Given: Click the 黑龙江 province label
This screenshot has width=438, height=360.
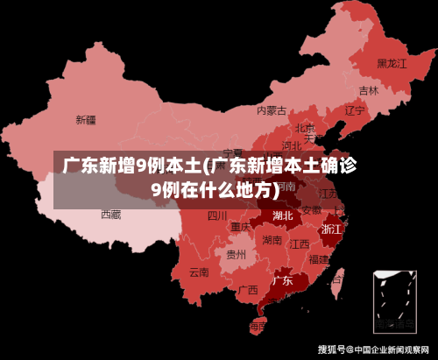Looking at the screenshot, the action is pyautogui.click(x=392, y=63).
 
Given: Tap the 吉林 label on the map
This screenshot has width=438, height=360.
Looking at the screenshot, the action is pyautogui.click(x=369, y=90).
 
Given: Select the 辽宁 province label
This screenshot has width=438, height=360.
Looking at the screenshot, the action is pyautogui.click(x=354, y=110).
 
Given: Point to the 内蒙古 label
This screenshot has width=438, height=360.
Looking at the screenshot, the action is pyautogui.click(x=272, y=110).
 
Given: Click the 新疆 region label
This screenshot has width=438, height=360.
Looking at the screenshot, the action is pyautogui.click(x=86, y=119).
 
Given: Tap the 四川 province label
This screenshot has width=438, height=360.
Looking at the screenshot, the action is pyautogui.click(x=217, y=215).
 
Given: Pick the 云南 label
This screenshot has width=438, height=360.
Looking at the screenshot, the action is pyautogui.click(x=199, y=272).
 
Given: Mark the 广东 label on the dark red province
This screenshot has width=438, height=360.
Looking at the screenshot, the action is pyautogui.click(x=282, y=281).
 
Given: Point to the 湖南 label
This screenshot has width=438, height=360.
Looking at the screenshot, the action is pyautogui.click(x=272, y=240).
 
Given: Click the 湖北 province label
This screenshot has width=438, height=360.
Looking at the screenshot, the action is pyautogui.click(x=283, y=215).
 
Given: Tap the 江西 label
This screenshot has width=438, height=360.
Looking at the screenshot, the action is pyautogui.click(x=300, y=244).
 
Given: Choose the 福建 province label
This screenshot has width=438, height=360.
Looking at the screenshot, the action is pyautogui.click(x=320, y=259).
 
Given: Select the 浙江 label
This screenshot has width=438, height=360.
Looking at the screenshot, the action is pyautogui.click(x=332, y=229).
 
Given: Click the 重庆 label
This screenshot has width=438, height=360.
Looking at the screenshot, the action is pyautogui.click(x=241, y=227).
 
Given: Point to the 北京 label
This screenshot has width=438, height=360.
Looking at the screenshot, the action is pyautogui.click(x=305, y=128).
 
